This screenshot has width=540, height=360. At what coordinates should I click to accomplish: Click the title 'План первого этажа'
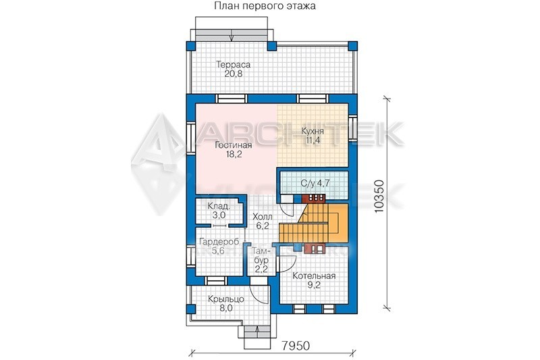coord(265,6)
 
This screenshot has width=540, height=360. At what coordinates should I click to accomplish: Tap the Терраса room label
coord(233,64)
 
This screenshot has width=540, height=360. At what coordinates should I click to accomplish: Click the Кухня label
coord(313,131)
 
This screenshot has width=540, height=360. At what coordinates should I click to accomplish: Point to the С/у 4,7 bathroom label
coord(315,183)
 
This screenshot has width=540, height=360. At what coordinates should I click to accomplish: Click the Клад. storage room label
coord(219,207)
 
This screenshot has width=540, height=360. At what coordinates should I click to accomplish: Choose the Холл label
coord(263,217)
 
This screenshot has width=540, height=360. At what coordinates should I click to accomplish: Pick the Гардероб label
coord(219,242)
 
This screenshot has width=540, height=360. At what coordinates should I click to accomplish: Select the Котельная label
coord(314,276)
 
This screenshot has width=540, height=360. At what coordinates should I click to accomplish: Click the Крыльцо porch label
coord(226,299)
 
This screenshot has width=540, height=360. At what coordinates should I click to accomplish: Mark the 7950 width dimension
coord(296,346)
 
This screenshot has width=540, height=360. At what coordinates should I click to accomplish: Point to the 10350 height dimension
coord(379,196)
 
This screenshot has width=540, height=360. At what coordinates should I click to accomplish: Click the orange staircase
coord(313,222)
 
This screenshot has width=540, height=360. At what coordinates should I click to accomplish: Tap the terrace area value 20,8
coord(233,74)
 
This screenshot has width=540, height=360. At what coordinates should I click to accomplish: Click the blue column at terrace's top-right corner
coord(352,46)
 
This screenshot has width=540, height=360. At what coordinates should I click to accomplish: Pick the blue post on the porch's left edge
coord(190,309)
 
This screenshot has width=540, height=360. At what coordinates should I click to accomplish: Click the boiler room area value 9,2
coord(314,285)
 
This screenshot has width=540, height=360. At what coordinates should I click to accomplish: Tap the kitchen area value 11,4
coord(313,140)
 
